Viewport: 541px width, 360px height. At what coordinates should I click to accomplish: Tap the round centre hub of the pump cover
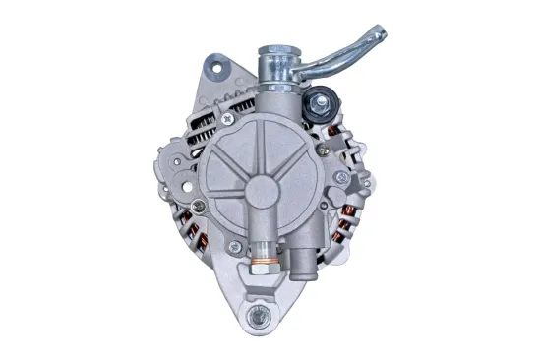tap(268, 189)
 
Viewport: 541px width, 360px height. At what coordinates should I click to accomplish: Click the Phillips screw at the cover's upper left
tap(227, 118)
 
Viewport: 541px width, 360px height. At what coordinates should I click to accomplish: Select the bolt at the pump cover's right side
tap(340, 178)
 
